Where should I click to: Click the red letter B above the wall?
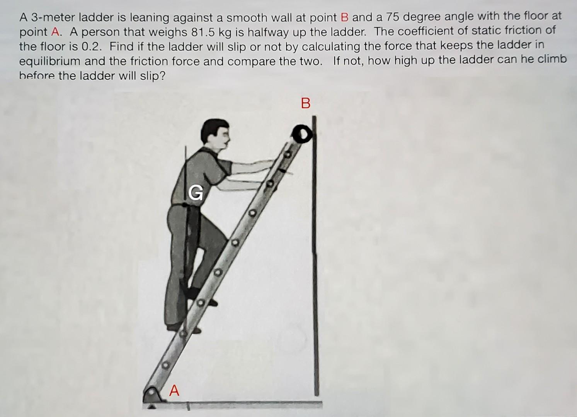click(x=305, y=103)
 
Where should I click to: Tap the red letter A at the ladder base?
click(x=174, y=391)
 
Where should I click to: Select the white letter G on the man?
click(x=196, y=192)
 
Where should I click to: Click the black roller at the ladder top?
click(x=301, y=134)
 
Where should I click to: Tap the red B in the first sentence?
click(x=345, y=17)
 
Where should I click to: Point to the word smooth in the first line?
click(x=246, y=17)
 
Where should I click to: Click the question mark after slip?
click(x=162, y=76)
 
